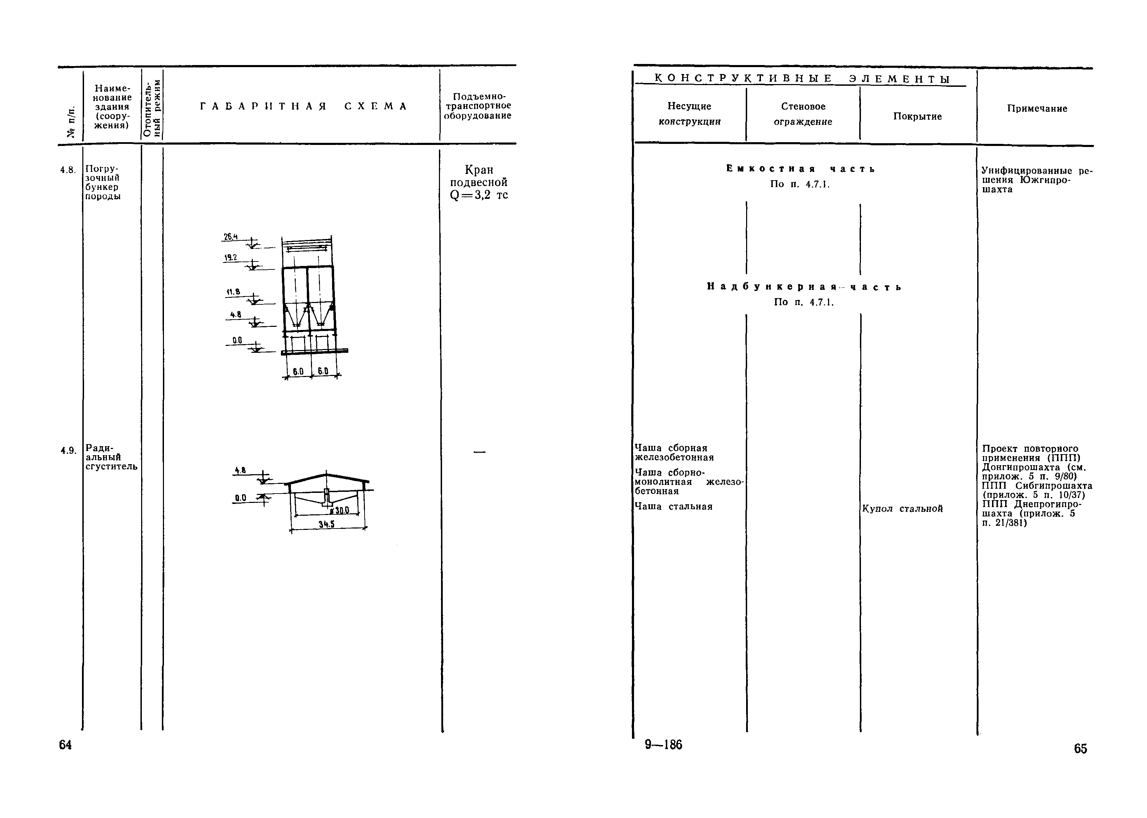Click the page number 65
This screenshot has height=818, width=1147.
tap(1081, 748)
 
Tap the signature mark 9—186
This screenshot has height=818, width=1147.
tap(663, 744)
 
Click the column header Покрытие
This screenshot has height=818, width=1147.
tap(917, 116)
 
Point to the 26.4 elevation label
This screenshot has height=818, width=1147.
tap(231, 237)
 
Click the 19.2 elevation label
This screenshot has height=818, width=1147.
tap(230, 257)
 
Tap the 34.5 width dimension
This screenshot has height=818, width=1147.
tap(327, 524)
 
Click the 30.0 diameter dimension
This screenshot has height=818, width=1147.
tap(340, 510)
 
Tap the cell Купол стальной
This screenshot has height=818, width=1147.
tap(902, 509)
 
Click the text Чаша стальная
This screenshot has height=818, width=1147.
tap(673, 507)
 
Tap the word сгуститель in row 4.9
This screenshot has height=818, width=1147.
tap(111, 467)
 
